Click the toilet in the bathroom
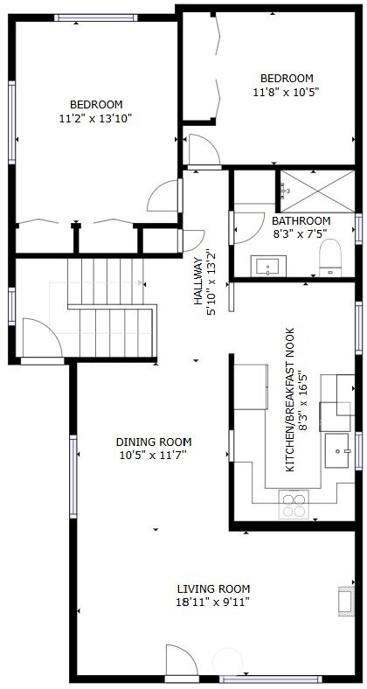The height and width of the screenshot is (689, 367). pos(330,258)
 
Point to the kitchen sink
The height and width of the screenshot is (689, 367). pos(339,450)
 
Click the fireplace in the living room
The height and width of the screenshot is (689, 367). pos(344,601)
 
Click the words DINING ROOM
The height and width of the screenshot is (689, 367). pos(154,442)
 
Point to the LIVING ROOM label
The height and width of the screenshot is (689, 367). pos(213,588)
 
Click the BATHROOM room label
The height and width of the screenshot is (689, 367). pos(301,220)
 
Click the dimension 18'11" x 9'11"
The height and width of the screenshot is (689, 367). pos(213,602)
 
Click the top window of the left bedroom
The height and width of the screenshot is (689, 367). pos(95,17)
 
